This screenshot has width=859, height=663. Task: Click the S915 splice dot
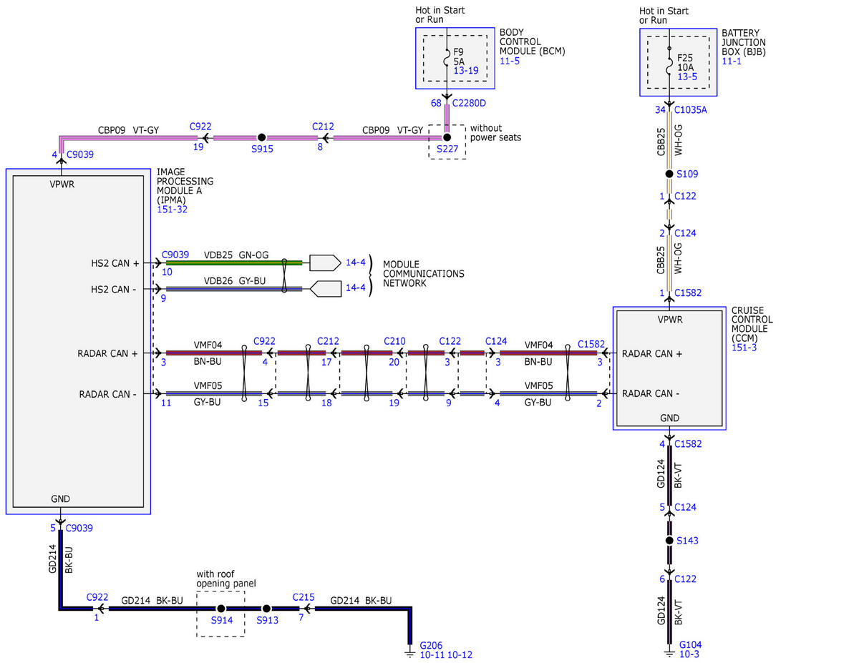[x=261, y=137]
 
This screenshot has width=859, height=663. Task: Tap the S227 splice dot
[x=447, y=137]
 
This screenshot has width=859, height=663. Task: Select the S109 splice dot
[x=669, y=174]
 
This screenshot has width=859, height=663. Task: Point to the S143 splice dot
[x=669, y=540]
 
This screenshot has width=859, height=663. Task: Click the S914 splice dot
[x=221, y=609]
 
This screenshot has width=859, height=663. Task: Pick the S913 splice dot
[x=266, y=609]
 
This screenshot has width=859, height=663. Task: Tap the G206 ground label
[x=431, y=645]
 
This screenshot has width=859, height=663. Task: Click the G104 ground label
[x=690, y=644]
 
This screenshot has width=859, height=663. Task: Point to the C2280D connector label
[x=469, y=103]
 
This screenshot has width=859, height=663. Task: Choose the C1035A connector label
[x=690, y=109]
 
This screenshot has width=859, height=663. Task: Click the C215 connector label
[x=304, y=597]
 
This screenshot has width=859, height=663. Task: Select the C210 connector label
[x=394, y=341]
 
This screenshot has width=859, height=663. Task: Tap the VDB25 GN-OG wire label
[x=236, y=255]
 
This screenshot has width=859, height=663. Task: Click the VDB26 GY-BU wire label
[x=234, y=281]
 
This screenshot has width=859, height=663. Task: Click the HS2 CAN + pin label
[x=115, y=263]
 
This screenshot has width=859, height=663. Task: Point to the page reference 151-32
[x=172, y=210]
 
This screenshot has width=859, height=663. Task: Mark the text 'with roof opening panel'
[x=225, y=579]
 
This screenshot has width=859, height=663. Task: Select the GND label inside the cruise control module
[x=669, y=418]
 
